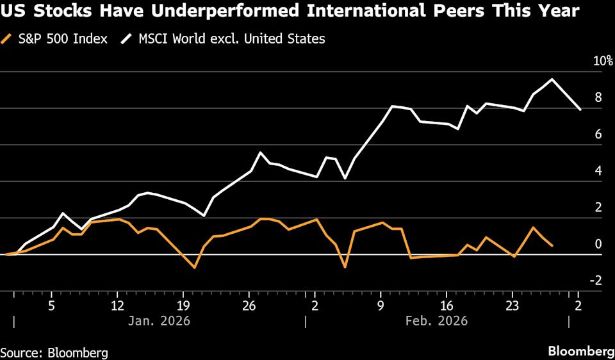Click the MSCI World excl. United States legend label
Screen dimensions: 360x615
coord(231,39)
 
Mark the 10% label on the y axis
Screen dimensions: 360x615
coord(603,61)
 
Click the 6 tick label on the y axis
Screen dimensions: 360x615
coord(598,135)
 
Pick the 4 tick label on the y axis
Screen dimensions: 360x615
coord(598,171)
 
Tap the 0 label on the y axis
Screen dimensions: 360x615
coord(598,244)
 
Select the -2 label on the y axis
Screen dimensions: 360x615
coord(596,281)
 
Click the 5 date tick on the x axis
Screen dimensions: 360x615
coord(51,305)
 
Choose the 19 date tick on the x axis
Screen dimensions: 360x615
coord(183,305)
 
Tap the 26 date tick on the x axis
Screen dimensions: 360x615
coord(249,305)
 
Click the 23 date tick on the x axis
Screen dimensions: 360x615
coord(512,305)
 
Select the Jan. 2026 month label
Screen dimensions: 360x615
coord(160,320)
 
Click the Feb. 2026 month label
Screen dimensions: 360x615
coord(438,320)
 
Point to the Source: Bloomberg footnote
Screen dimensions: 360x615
coord(54,352)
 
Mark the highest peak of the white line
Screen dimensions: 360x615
coord(552,79)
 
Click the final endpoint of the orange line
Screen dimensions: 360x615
coord(552,245)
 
